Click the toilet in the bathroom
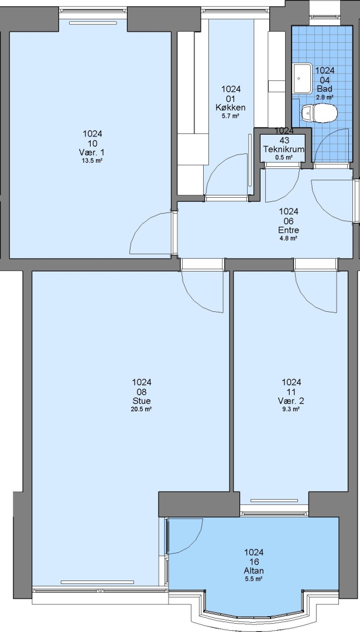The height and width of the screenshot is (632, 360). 319,114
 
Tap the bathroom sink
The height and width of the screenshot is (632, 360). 303,78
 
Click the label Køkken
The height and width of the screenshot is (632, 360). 231,108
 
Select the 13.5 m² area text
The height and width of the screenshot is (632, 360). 92,160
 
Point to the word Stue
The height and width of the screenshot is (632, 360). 142,401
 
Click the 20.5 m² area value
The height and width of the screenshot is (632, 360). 142,409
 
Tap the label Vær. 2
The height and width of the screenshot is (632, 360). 291,401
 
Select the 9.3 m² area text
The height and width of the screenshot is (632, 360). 292,409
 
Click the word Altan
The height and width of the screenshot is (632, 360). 254,571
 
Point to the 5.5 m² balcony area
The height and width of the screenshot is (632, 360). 254,579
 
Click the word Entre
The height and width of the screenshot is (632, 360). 289,230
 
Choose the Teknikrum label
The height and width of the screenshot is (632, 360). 284,149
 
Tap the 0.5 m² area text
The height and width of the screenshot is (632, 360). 284,157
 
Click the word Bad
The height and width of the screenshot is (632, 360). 324,89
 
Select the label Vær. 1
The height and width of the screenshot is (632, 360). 92,152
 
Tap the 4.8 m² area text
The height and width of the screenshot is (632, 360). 289,239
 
